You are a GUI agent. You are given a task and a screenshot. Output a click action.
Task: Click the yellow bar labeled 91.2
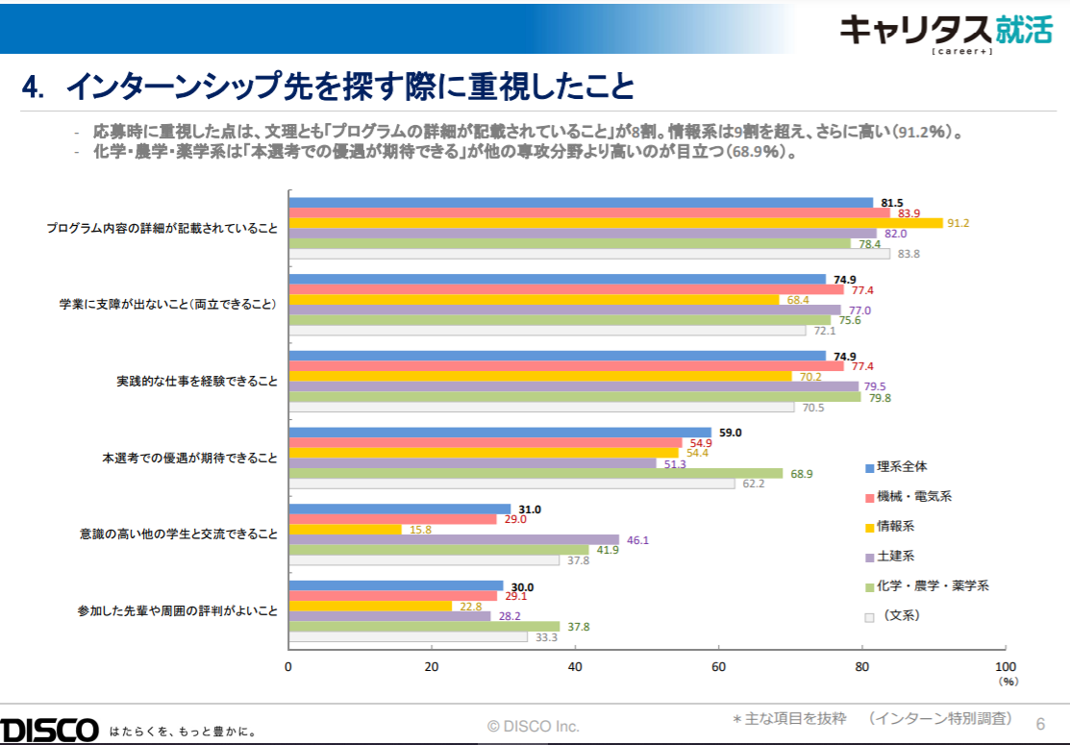click(615, 223)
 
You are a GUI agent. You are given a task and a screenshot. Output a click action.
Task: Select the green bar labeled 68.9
click(535, 474)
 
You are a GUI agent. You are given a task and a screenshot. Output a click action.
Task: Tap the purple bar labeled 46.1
click(454, 540)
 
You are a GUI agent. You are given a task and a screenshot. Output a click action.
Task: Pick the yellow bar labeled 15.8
click(345, 530)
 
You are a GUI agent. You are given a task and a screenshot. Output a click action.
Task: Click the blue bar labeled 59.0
click(500, 433)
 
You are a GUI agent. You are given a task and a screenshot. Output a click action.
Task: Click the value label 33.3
click(547, 637)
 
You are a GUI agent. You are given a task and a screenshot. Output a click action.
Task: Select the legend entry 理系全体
click(902, 467)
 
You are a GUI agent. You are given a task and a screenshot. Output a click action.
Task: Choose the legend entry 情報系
click(895, 527)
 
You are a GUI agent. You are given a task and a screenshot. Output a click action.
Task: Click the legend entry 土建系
click(895, 556)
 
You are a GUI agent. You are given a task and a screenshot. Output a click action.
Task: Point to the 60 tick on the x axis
click(718, 667)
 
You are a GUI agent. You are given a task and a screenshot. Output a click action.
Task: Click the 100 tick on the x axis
click(1005, 667)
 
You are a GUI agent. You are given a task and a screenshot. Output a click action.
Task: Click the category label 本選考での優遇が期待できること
click(190, 459)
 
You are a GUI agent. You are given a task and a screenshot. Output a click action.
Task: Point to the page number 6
click(1039, 723)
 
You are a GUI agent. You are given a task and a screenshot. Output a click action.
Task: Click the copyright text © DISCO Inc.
click(534, 726)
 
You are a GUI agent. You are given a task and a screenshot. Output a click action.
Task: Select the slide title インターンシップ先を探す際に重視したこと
click(350, 87)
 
